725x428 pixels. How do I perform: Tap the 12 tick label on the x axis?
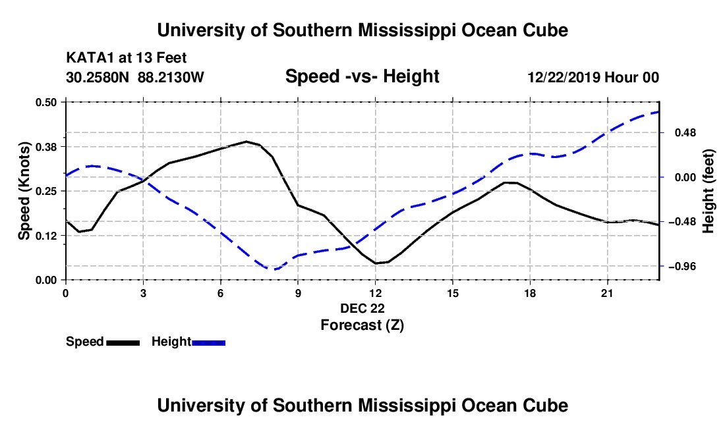tap(376, 294)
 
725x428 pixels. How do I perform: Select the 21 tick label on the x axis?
tap(607, 294)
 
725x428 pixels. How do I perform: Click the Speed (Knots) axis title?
tap(24, 191)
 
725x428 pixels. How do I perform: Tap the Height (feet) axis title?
tap(708, 191)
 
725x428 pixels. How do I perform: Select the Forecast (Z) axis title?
tap(362, 325)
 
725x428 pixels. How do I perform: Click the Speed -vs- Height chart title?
tap(362, 76)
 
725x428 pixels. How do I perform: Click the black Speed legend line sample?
tap(123, 342)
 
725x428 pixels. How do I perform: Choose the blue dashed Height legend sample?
tap(208, 342)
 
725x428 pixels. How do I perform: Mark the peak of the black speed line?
tap(246, 142)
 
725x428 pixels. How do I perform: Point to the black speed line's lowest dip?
tap(376, 263)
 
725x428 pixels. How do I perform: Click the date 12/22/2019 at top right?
tap(564, 77)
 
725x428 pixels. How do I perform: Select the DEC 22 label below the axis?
tap(362, 308)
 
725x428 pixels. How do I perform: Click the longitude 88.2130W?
tap(171, 77)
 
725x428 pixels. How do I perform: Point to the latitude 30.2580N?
tap(98, 77)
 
